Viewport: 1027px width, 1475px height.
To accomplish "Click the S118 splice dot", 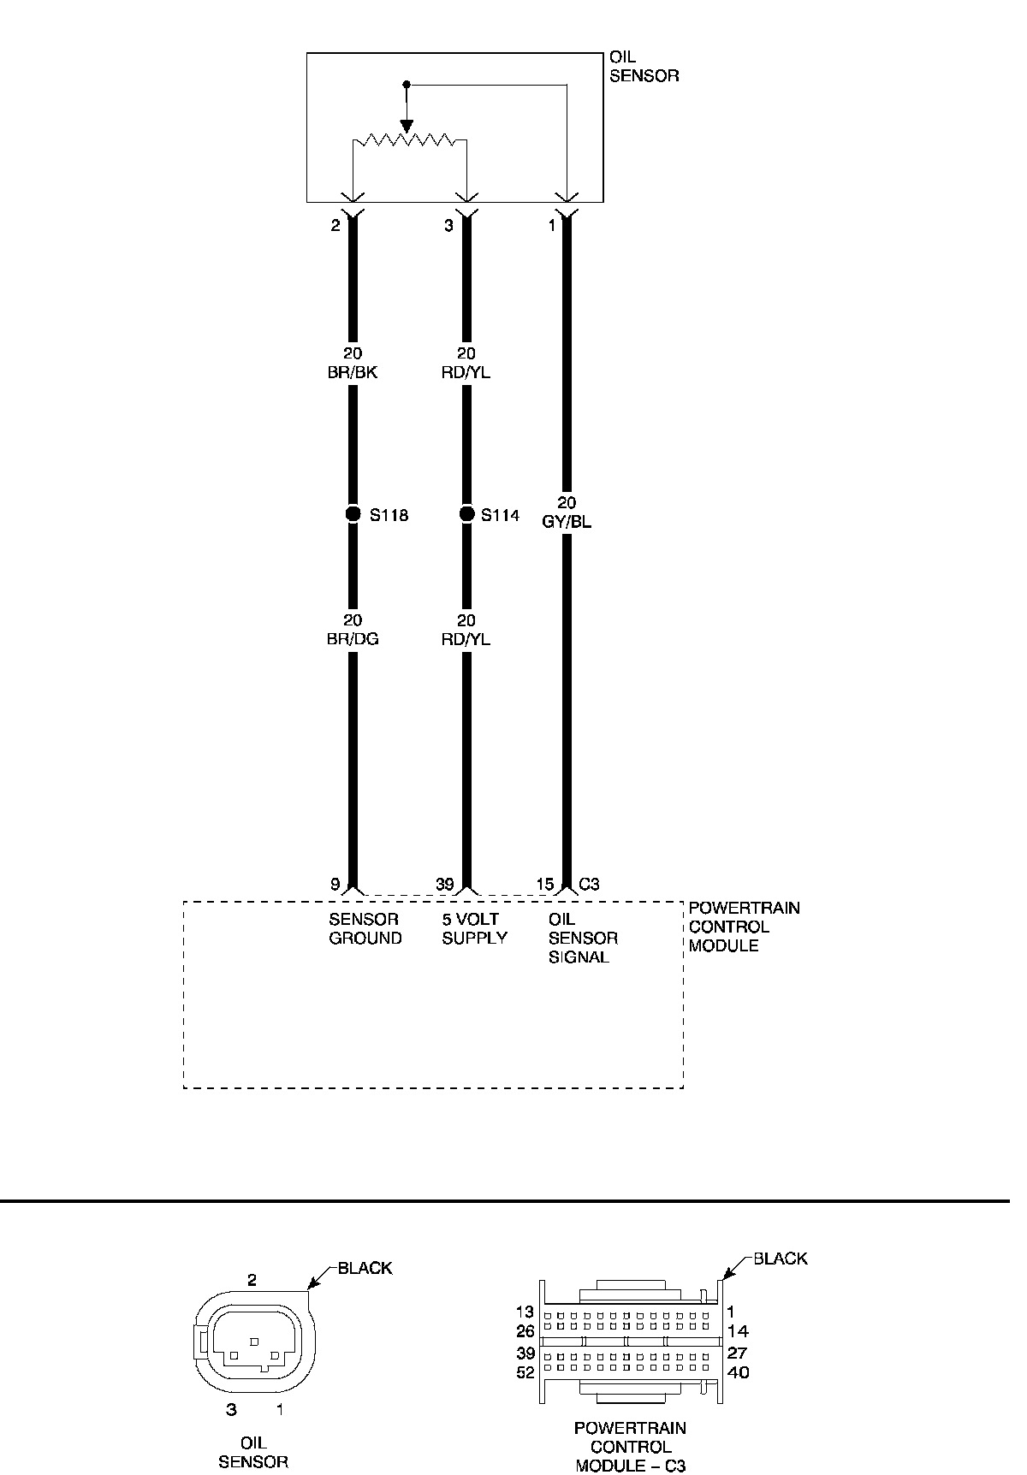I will (353, 514).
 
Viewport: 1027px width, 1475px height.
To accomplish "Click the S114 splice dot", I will (466, 514).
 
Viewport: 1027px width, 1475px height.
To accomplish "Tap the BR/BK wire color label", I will (353, 372).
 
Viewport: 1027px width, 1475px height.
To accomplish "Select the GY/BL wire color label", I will (567, 522).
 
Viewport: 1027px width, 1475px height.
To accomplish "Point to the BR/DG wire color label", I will (353, 639).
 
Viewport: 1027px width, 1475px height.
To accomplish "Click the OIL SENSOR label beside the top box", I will (644, 67).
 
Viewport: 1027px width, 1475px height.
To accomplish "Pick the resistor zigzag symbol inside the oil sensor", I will (410, 139).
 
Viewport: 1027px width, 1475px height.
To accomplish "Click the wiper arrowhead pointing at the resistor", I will (407, 127).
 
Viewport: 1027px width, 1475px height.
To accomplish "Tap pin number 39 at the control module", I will (444, 885).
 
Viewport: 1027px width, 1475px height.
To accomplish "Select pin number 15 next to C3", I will (546, 885).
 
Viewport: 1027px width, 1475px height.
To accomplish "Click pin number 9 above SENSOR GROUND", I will (335, 885).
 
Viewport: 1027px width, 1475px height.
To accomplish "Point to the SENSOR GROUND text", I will (365, 928).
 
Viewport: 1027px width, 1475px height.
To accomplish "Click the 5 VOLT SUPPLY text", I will (474, 928).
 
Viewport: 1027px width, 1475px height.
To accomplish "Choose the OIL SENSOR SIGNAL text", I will (582, 938).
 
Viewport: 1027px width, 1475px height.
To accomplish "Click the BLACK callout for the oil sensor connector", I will (365, 1268).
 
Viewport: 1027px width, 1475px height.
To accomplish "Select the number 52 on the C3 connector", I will (525, 1372).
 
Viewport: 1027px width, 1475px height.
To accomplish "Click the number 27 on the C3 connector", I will (737, 1354).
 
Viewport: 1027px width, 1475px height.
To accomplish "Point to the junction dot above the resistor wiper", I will (407, 85).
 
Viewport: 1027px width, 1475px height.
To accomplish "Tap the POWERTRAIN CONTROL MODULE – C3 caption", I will (630, 1447).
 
